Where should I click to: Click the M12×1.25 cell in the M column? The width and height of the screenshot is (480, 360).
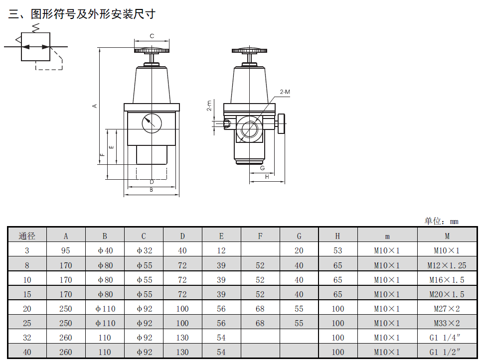click(447, 265)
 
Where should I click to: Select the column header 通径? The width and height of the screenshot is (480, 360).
click(27, 236)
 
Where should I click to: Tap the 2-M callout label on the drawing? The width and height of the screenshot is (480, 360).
click(285, 92)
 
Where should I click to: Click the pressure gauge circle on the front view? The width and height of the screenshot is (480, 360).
click(152, 123)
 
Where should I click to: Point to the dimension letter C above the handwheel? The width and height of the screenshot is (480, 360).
click(152, 36)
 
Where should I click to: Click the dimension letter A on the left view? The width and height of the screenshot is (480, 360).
click(95, 106)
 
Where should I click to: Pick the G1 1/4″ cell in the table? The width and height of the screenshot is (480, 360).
click(447, 338)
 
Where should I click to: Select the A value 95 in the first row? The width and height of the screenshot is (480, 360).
click(65, 250)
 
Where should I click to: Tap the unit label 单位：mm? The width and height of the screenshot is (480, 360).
click(441, 221)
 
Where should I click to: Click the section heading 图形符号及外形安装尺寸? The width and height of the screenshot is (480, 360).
click(93, 14)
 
